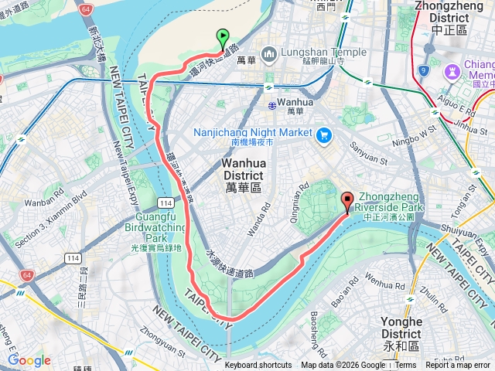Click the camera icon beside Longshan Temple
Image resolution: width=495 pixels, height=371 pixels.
pos(268,54)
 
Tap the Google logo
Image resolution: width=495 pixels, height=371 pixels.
pos(29,360)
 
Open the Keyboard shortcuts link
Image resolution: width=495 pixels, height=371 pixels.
pos(258,366)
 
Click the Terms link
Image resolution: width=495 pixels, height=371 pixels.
pos(406,366)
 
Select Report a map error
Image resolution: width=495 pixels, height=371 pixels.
pos(459,366)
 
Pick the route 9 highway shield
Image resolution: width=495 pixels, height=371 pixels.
pos(423,71)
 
